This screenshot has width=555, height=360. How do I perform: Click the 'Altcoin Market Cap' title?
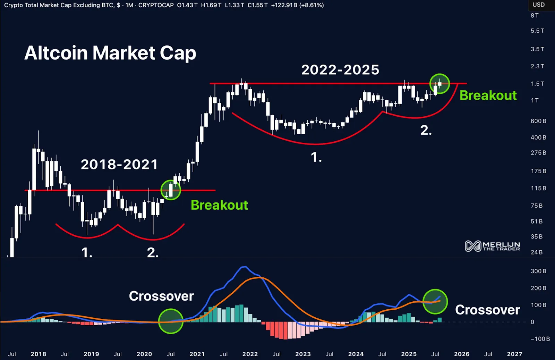(110, 53)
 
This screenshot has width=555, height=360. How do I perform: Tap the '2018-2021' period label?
(119, 165)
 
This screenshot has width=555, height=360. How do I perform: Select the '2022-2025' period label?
(340, 70)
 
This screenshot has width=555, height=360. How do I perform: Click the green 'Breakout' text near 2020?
(219, 205)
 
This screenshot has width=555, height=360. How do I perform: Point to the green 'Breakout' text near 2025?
(488, 95)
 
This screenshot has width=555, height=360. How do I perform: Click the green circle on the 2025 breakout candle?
(439, 84)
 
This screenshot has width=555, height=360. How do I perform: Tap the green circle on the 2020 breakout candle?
(171, 190)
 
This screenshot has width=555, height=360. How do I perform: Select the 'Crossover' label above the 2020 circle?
(161, 296)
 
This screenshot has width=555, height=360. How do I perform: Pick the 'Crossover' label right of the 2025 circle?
(487, 310)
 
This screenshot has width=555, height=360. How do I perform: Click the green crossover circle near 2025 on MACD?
(435, 301)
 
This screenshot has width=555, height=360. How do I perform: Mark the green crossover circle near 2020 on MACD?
(171, 321)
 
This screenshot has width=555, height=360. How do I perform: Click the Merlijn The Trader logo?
(492, 246)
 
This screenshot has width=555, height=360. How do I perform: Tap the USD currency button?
(538, 5)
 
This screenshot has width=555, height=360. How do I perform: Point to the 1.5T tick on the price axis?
(537, 84)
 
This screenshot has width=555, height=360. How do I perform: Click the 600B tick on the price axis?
(538, 121)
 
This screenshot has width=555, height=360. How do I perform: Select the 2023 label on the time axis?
(303, 354)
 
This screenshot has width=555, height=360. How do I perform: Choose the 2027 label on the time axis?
(514, 354)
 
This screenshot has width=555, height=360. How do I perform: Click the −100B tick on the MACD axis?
(540, 339)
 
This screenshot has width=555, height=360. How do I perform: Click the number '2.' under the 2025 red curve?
(426, 131)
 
